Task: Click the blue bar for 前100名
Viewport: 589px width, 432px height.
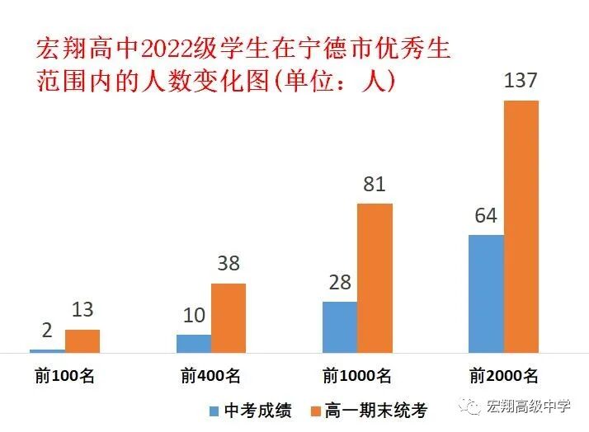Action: point(47,351)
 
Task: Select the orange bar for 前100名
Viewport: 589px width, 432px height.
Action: point(82,341)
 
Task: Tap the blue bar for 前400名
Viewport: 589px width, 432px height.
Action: point(194,344)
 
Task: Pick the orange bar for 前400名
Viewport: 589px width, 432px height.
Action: point(229,318)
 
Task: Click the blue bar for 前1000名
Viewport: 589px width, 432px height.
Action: point(340,327)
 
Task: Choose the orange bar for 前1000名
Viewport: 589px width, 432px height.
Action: point(375,278)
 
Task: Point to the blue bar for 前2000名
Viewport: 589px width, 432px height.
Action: point(486,293)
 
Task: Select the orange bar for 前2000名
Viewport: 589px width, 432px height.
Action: point(521,227)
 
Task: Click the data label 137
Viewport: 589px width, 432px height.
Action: point(521,82)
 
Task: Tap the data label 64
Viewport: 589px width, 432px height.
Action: point(486,216)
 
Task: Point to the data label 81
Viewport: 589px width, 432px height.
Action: point(375,184)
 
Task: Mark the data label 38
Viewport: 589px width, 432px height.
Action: point(229,264)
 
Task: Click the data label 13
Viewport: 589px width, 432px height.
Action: point(82,310)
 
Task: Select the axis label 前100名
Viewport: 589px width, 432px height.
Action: point(65,376)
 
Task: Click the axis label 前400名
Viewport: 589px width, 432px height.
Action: point(211,376)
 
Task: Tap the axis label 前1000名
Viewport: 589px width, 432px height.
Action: point(357,376)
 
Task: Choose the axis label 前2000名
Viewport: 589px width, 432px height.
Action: point(503,376)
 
